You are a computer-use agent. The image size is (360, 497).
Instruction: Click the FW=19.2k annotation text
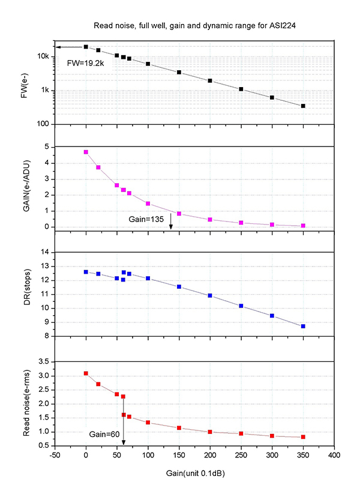click(86, 62)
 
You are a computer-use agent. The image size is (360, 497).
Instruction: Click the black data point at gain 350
click(303, 106)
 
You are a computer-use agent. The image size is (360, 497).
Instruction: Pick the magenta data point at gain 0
click(86, 152)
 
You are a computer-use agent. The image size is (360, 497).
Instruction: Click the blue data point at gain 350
click(303, 326)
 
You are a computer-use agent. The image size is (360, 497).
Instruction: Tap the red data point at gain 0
click(86, 373)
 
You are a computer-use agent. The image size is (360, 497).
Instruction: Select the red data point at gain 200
click(210, 432)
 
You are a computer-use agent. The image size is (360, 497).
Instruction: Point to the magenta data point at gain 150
click(179, 214)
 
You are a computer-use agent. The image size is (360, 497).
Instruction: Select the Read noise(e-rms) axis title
click(26, 405)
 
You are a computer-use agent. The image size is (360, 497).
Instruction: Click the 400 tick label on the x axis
click(334, 456)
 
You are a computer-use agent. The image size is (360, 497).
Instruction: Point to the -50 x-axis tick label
click(55, 456)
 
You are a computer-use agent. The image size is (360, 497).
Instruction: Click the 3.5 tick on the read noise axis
click(43, 362)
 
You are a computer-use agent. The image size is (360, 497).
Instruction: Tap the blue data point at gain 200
click(210, 295)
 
